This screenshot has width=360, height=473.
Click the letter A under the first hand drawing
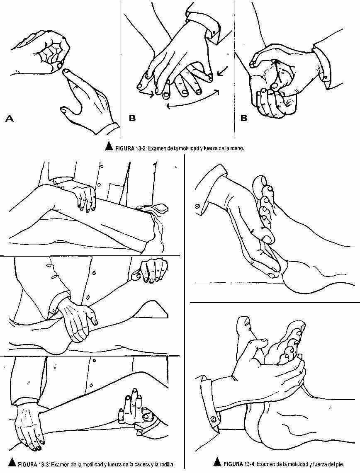[10, 119]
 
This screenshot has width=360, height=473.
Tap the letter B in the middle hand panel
[132, 118]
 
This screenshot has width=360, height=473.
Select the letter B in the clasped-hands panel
[244, 118]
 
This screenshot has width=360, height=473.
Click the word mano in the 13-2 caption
[238, 148]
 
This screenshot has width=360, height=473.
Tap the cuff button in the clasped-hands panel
[325, 78]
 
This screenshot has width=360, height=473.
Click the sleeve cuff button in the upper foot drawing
[197, 206]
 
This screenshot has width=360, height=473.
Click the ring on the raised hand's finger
[147, 416]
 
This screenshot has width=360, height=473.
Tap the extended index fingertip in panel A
[66, 71]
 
